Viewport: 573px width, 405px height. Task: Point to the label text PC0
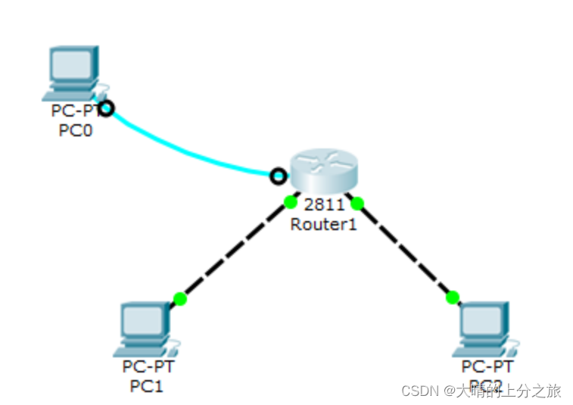pos(76,130)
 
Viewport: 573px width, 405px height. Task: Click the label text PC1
pos(147,386)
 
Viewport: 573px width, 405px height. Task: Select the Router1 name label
pos(323,224)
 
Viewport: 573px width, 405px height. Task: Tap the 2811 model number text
pos(324,204)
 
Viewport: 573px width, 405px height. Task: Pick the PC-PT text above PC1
pos(149,367)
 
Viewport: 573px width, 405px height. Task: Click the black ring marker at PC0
pos(107,108)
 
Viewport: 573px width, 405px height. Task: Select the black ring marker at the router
pos(279,176)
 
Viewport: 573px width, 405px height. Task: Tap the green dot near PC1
pos(179,299)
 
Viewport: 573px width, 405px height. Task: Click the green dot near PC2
pos(453,297)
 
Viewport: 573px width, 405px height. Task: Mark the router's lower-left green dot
pos(290,201)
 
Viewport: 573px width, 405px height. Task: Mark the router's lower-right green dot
pos(358,202)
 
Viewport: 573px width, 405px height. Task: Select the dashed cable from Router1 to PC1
pos(235,250)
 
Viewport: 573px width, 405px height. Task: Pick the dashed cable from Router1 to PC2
pos(405,249)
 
